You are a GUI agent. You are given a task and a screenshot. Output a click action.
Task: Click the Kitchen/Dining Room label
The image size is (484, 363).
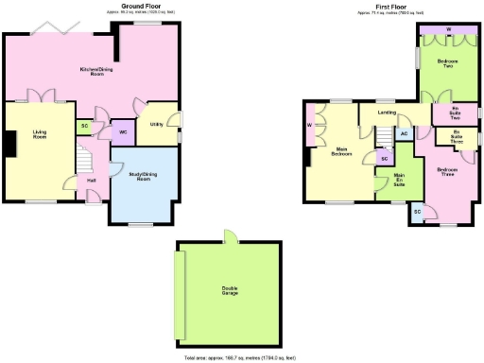(x=91, y=71)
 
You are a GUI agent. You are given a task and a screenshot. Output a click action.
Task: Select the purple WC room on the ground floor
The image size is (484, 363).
(x=123, y=132)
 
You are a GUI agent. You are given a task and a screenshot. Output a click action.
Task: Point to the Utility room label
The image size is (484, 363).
(x=156, y=124)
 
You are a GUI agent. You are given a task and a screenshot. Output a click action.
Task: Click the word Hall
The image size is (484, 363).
(x=92, y=180)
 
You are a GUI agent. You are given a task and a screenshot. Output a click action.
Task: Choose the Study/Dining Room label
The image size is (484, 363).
(x=143, y=176)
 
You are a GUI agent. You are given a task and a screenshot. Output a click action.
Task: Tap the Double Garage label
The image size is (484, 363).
(x=230, y=291)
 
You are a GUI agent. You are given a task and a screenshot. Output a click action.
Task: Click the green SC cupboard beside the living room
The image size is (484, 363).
(x=84, y=125)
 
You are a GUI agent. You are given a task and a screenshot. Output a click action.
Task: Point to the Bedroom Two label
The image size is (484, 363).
(x=447, y=64)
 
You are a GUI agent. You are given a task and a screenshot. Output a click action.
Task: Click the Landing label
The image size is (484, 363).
(x=387, y=112)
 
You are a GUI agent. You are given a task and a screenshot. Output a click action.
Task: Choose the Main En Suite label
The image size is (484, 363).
(x=399, y=180)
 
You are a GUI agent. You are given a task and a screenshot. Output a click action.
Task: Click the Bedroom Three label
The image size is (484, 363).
(x=446, y=172)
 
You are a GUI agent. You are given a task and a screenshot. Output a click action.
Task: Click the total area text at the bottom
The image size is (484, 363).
(x=240, y=358)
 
